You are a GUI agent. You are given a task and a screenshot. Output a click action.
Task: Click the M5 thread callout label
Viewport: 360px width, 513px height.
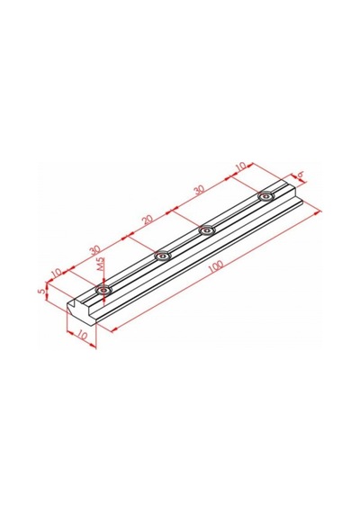101,264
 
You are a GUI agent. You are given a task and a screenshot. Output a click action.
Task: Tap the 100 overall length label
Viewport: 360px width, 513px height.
216,265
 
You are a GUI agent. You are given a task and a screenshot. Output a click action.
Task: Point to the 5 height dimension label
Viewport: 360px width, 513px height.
40,291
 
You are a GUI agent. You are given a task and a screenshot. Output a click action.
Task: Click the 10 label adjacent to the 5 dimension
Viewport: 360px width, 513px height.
57,272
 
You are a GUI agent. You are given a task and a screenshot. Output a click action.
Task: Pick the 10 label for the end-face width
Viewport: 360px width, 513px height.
83,336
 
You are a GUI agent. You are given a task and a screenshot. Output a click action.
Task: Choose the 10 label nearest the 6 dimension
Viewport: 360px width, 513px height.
240,166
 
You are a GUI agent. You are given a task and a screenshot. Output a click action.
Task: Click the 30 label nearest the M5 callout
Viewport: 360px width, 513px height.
94,250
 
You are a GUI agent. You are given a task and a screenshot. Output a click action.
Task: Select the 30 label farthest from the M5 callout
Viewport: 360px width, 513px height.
199,189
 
